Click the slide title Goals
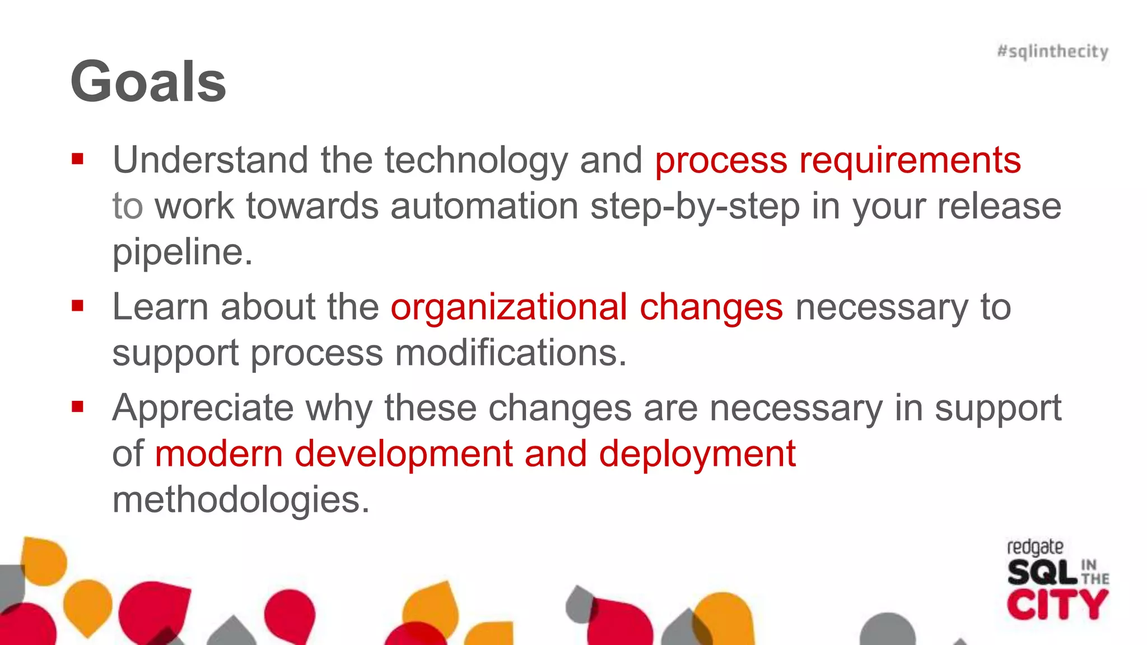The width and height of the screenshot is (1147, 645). pos(148,82)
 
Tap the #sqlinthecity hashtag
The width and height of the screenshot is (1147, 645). pos(1052,52)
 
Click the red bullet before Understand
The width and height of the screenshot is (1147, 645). pos(77,160)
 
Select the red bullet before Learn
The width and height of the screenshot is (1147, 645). pos(77,306)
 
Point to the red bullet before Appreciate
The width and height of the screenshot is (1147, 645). pos(77,406)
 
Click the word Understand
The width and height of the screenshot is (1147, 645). pos(210,160)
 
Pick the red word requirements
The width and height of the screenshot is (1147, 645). pos(910,161)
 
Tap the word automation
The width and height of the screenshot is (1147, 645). pos(484,206)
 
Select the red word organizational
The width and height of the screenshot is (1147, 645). pos(509,307)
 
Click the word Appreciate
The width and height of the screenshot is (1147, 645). pos(203,409)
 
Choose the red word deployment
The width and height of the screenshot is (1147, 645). pos(697,454)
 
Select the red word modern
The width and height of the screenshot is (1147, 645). pos(218,454)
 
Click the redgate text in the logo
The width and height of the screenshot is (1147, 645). pos(1035,548)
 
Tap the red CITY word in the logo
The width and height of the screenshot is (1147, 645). pos(1057,605)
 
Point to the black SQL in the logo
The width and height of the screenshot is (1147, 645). pos(1042,573)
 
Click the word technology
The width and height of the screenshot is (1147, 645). pos(476,161)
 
